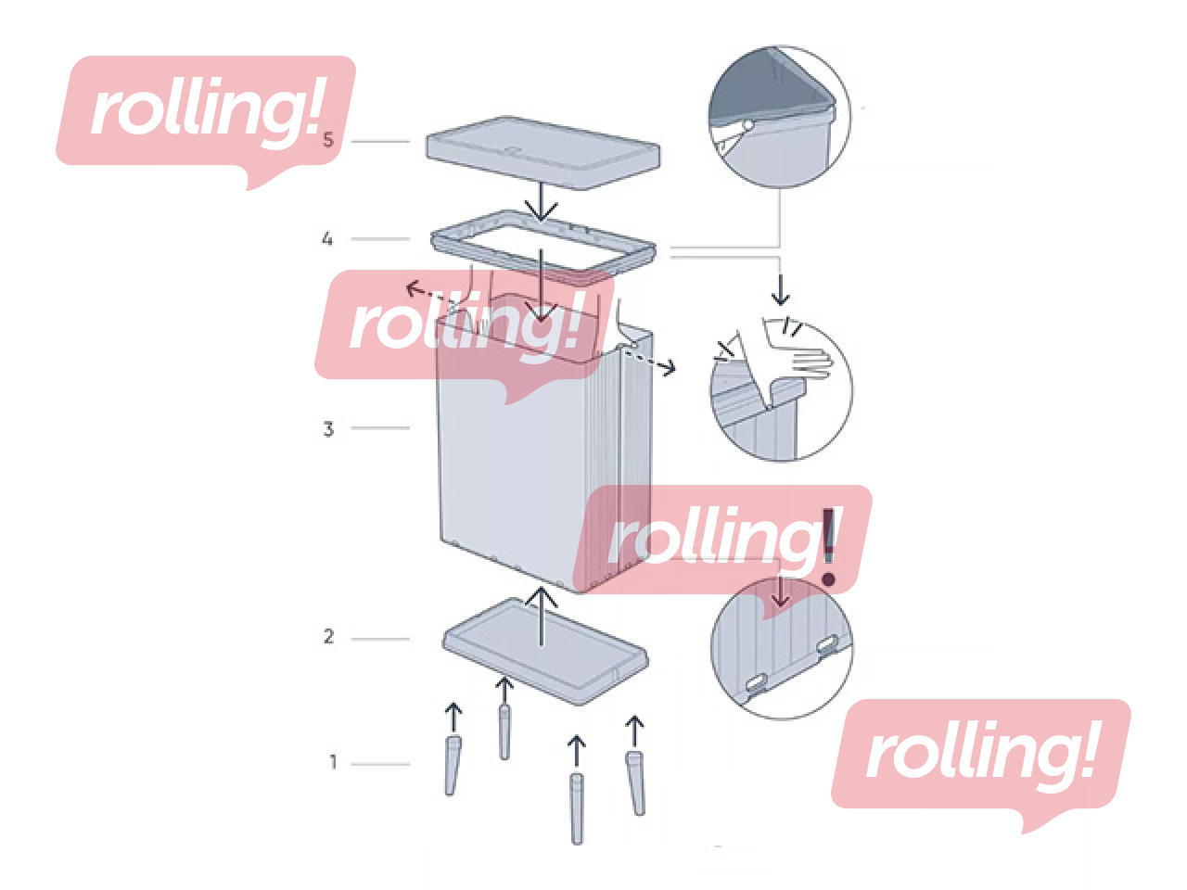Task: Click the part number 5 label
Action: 327,140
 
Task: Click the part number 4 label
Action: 327,239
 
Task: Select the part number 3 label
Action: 328,429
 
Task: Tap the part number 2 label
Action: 328,637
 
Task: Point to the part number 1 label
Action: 333,762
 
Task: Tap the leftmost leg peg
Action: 452,765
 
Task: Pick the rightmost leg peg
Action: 635,783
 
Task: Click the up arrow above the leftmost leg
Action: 453,717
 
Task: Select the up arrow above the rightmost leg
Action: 634,731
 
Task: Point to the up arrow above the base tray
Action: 542,617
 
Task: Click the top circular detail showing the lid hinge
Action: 778,117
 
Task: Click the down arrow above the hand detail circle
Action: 781,287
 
